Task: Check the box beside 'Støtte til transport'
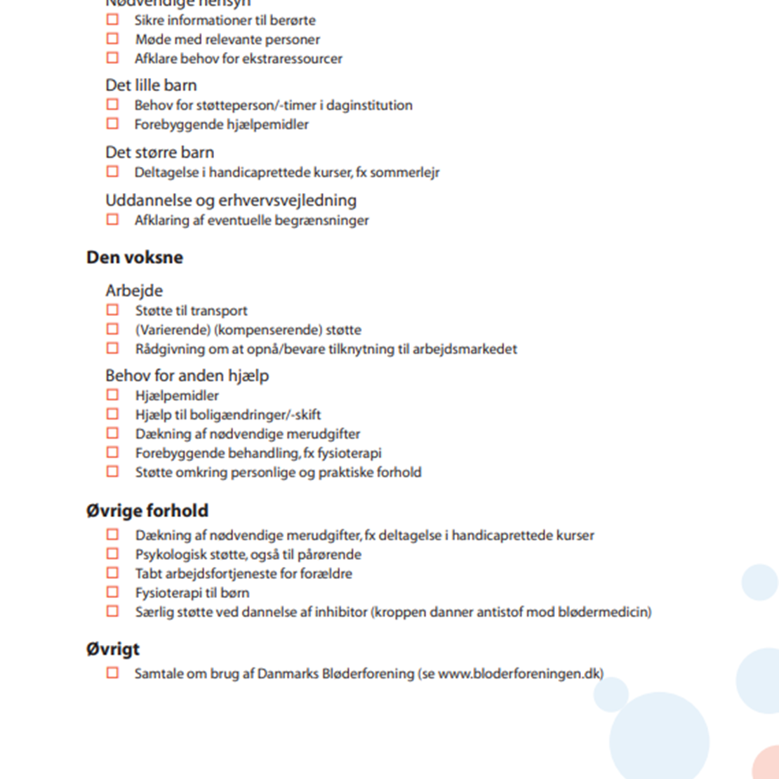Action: pos(112,309)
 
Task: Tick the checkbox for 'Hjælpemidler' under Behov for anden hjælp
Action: pos(112,395)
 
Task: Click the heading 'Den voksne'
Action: pos(135,258)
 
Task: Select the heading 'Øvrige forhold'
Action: pos(147,510)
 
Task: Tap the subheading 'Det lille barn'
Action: pos(151,86)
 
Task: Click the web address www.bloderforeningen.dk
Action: pos(520,674)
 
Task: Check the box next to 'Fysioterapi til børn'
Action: pos(112,592)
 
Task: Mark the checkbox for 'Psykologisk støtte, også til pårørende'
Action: pos(112,554)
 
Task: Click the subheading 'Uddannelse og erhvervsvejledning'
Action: pos(231,201)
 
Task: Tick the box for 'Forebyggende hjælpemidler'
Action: pos(112,124)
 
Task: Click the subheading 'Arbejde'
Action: pos(134,291)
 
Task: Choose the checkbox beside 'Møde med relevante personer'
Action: pos(112,39)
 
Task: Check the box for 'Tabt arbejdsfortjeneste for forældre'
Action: pos(112,573)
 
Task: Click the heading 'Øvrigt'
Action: pos(113,649)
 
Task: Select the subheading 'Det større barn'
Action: pos(160,153)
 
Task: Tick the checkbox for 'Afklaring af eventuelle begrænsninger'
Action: pos(112,220)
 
